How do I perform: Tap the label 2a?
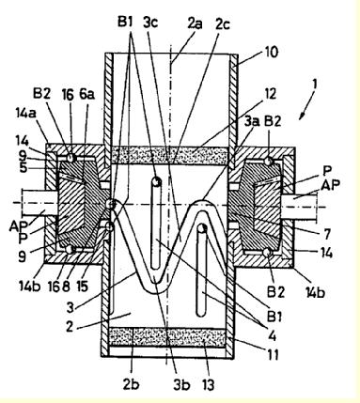(195, 24)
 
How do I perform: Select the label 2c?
(223, 24)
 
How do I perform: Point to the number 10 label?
(271, 52)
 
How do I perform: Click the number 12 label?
(269, 93)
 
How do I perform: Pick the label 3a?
(252, 120)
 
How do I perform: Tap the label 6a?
(86, 94)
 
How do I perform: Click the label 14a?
(26, 114)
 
